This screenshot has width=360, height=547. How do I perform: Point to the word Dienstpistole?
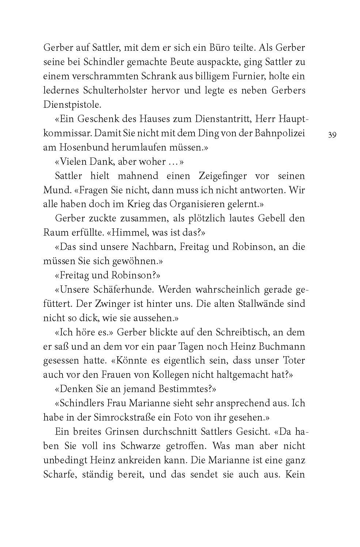pyautogui.click(x=72, y=105)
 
